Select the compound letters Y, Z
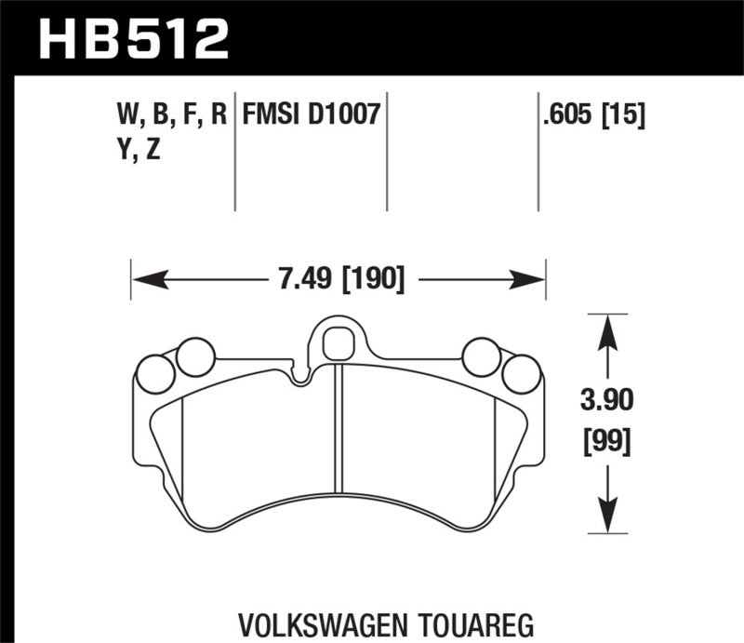[x=135, y=149]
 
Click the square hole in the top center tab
[x=336, y=344]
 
